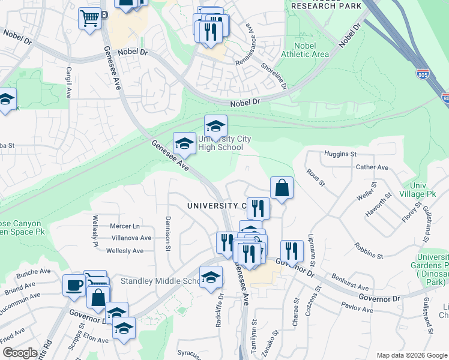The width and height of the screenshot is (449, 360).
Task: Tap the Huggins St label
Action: pyautogui.click(x=340, y=154)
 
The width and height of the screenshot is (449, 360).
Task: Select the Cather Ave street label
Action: pyautogui.click(x=372, y=167)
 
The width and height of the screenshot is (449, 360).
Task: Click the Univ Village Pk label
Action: pyautogui.click(x=421, y=190)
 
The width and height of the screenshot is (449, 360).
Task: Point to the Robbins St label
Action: pyautogui.click(x=369, y=251)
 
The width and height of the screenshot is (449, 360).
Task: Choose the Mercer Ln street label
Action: pyautogui.click(x=125, y=226)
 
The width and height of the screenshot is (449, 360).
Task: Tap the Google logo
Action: pyautogui.click(x=20, y=353)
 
